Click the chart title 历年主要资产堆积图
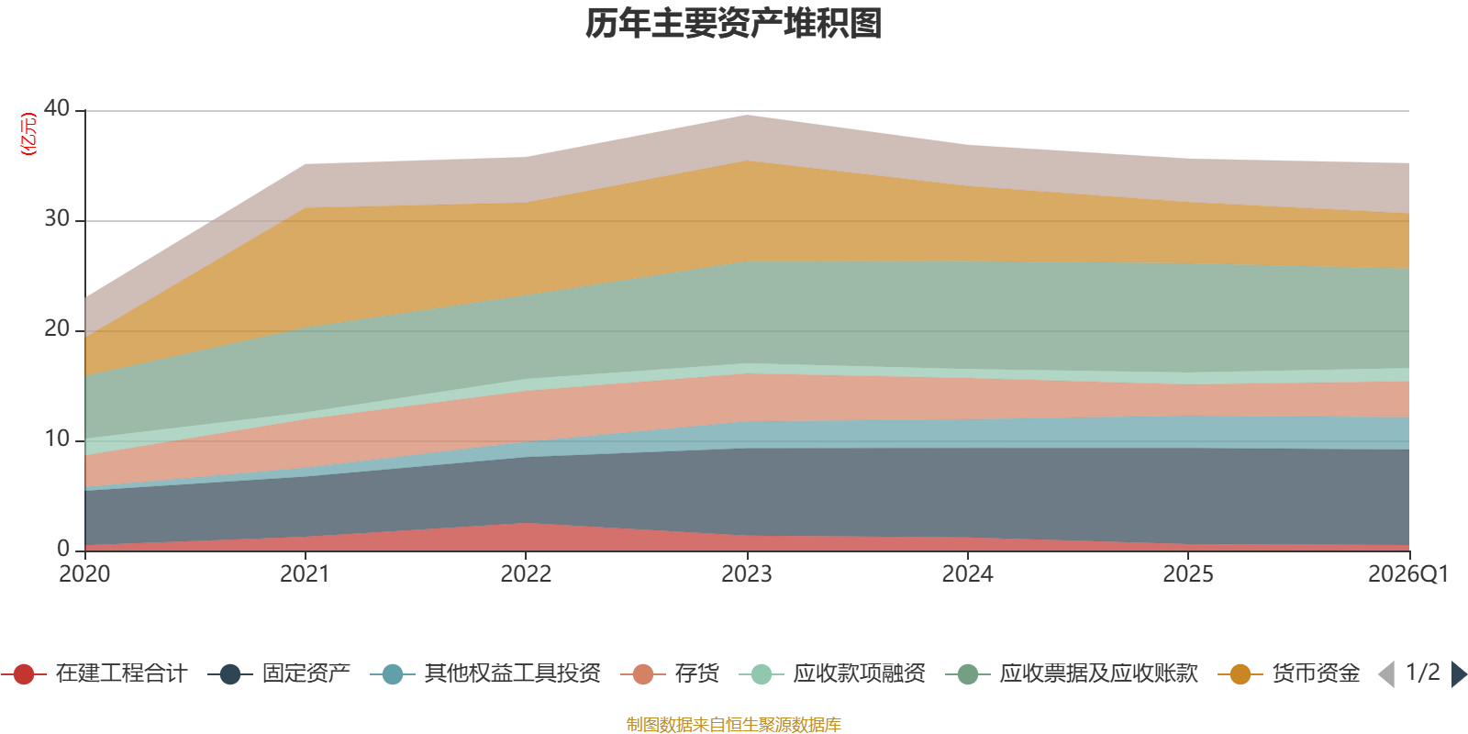[733, 24]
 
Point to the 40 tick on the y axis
[57, 108]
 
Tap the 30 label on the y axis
[57, 218]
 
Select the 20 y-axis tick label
[57, 328]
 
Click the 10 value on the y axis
[57, 439]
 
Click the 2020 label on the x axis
[84, 573]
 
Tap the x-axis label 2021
[305, 573]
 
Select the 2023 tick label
[747, 573]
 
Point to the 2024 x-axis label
[967, 573]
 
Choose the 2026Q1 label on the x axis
[1408, 573]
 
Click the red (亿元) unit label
[28, 134]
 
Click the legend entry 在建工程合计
[95, 673]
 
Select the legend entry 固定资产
[279, 673]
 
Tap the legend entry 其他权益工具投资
[485, 673]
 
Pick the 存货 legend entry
[670, 673]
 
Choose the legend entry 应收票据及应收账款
[1072, 673]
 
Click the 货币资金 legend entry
[1289, 673]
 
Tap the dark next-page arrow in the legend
[1458, 673]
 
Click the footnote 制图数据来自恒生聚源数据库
[733, 724]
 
